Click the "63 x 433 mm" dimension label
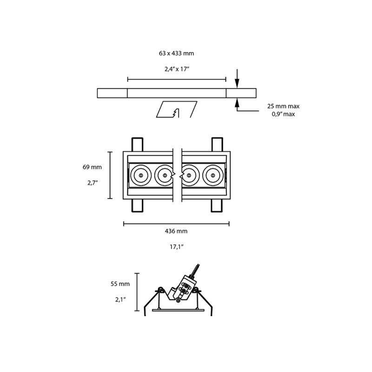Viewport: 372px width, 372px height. tap(176, 53)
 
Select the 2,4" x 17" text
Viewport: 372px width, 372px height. tap(176, 69)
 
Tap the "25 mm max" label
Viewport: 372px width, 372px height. tap(283, 106)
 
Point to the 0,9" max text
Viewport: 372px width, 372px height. tap(283, 114)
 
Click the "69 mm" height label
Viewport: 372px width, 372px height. tap(92, 167)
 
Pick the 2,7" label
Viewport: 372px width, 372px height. tap(92, 183)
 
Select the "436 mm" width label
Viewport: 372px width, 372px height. tap(176, 231)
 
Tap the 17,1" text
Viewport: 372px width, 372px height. tap(176, 247)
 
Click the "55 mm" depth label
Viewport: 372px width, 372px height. tap(120, 284)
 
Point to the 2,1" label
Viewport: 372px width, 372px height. tap(120, 300)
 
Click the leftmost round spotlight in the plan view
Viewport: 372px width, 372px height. tap(140, 175)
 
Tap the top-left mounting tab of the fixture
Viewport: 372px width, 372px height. tap(137, 144)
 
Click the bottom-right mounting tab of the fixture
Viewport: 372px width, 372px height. tap(217, 205)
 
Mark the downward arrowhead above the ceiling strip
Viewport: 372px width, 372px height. tap(237, 84)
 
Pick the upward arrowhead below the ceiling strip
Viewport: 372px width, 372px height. tap(237, 102)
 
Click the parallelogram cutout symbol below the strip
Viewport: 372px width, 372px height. tap(176, 110)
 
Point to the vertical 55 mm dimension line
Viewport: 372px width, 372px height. tap(137, 292)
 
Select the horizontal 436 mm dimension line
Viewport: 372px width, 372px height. tap(176, 224)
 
